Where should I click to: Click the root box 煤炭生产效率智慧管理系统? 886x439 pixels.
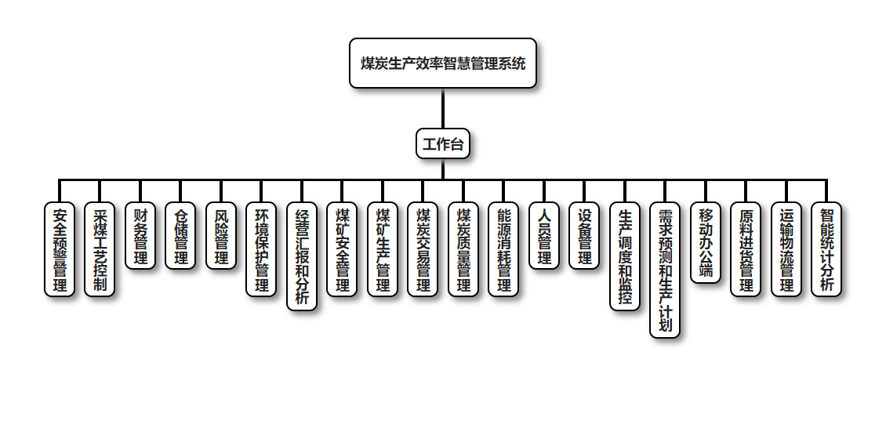(443, 63)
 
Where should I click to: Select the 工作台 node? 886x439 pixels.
(443, 143)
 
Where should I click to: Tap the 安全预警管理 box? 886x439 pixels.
(60, 249)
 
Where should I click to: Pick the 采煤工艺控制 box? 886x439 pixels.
(100, 249)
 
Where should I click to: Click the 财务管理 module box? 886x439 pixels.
(140, 235)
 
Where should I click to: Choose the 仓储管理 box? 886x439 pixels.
(180, 235)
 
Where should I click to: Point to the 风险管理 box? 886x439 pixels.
(221, 235)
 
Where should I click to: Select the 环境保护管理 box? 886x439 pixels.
(262, 249)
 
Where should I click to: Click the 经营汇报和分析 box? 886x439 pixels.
(302, 256)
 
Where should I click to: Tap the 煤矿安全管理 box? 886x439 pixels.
(343, 249)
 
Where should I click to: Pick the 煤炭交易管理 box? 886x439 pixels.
(423, 249)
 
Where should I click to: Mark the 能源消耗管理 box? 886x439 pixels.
(504, 249)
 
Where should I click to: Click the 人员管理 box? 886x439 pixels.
(544, 235)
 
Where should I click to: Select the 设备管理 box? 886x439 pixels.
(585, 235)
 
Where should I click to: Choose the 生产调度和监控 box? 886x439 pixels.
(625, 256)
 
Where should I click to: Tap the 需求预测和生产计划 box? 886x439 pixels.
(666, 270)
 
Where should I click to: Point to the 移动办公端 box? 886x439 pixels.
(706, 242)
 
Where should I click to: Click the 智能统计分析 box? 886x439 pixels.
(827, 249)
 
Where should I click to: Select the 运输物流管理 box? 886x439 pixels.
(786, 249)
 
